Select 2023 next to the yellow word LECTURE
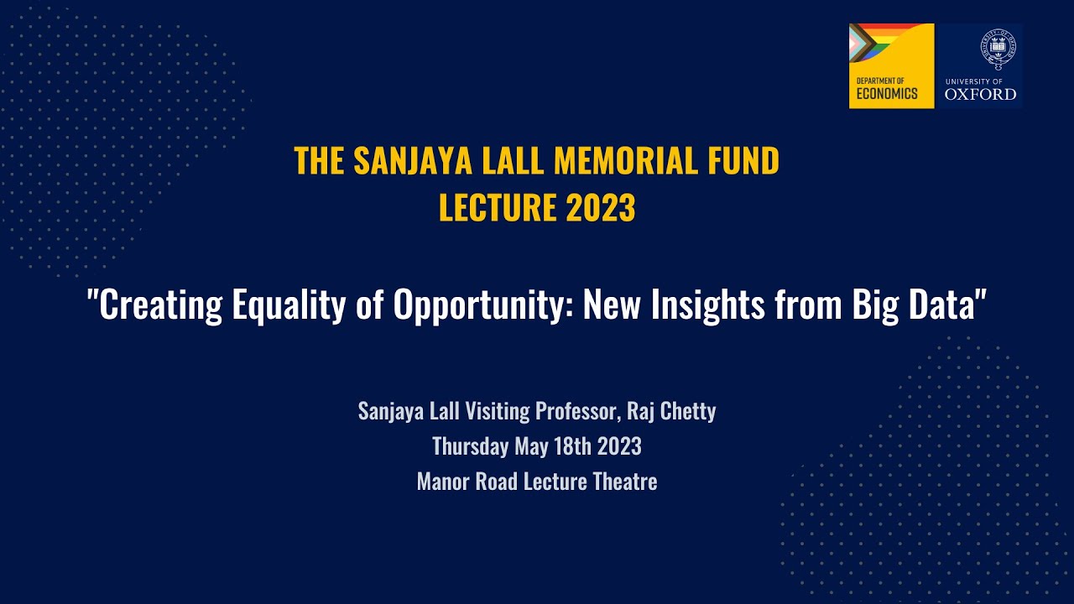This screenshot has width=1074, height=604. coord(600,208)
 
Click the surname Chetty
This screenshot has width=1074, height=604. coord(687,412)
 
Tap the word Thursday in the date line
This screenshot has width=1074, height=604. coord(470,447)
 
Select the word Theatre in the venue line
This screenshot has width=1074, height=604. coord(625,482)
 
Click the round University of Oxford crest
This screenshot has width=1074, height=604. coord(998,49)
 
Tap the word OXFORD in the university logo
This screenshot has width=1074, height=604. coord(980,94)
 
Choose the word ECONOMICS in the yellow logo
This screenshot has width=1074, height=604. coord(887,94)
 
